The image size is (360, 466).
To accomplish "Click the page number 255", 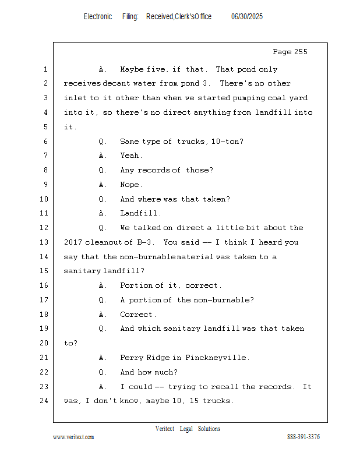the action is [x=301, y=52].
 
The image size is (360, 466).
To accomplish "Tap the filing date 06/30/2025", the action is [x=247, y=16].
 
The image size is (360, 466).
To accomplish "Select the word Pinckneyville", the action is [x=216, y=358].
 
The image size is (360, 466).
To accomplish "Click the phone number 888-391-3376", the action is [x=303, y=437].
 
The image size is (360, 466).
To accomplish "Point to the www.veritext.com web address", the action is [x=73, y=437].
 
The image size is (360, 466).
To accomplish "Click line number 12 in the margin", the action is [x=44, y=228].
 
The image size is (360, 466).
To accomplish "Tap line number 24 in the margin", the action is [x=44, y=401].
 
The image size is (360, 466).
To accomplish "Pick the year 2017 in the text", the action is [x=73, y=242].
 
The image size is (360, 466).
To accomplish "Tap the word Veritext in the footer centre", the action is [x=165, y=429].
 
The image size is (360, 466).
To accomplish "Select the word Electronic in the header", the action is [x=98, y=16].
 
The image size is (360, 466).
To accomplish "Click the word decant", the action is [x=117, y=83].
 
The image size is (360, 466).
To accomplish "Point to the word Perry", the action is [x=131, y=358].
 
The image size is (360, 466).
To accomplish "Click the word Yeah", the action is [x=130, y=156].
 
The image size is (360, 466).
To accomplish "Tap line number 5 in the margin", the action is [x=45, y=127].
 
